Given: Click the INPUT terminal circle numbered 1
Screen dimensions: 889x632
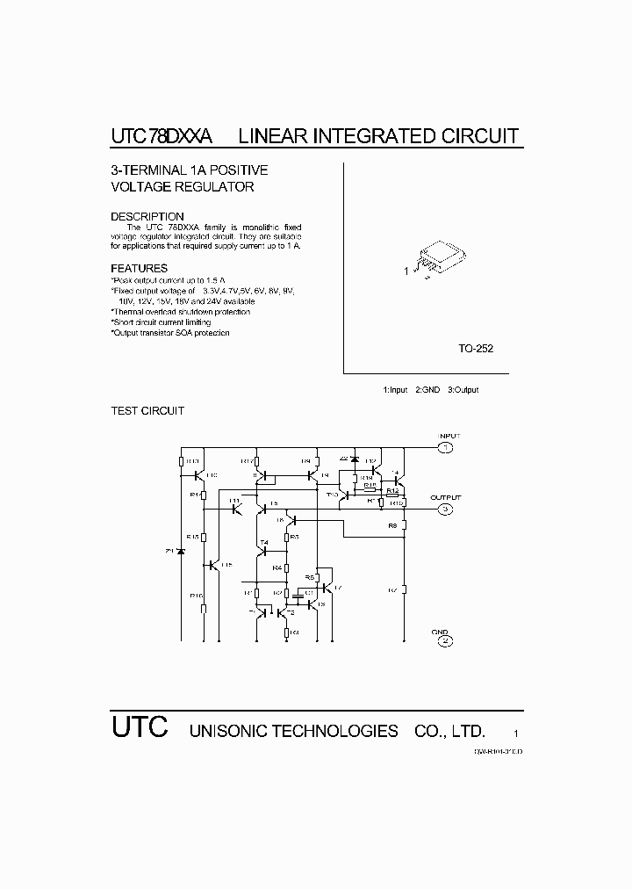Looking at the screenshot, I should point(446,448).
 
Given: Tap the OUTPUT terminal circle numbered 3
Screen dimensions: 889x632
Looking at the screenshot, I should point(446,509).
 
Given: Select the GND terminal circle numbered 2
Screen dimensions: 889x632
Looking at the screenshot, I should point(446,640).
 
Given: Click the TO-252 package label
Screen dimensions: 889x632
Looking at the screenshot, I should point(475,349).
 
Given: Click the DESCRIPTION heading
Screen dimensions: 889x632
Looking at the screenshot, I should point(147,216).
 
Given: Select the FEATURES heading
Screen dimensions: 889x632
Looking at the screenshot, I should point(139,268).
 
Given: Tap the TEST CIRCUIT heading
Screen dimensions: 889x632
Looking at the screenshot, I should point(147,411).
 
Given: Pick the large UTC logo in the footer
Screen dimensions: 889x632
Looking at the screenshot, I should point(139,726).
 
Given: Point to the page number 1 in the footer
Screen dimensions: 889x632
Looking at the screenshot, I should point(516,733).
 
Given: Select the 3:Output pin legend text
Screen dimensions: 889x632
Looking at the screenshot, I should point(463,390).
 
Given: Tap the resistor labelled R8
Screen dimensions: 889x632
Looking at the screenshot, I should point(403,526).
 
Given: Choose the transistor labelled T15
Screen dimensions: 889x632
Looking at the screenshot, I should point(216,565).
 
